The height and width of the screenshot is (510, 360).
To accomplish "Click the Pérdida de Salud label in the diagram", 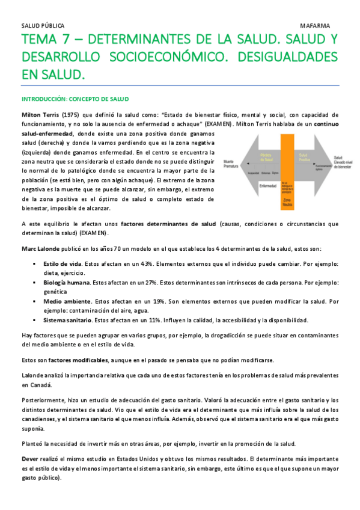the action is [263, 156].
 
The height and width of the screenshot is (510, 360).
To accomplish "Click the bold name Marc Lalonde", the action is [43, 249].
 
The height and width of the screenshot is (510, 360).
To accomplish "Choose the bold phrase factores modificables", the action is [74, 360].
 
